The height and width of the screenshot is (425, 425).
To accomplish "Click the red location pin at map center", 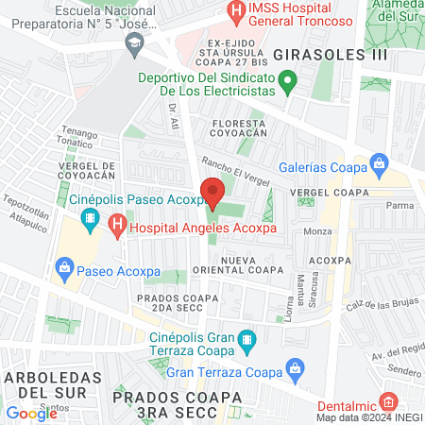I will click(212, 194).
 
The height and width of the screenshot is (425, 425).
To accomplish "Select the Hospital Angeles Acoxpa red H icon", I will click(117, 226).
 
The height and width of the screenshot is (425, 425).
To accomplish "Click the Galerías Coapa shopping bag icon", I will click(380, 164).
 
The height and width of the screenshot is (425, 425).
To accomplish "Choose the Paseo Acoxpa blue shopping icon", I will click(64, 269).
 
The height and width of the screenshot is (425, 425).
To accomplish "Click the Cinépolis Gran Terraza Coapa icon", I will click(246, 338).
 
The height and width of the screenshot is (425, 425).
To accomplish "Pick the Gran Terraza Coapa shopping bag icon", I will click(296, 366).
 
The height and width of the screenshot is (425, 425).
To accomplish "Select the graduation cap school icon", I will click(136, 42).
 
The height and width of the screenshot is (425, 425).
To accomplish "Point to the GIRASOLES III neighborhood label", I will click(315, 55).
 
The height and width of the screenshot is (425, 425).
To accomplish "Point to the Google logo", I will click(31, 413).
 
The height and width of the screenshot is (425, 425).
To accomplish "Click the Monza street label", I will click(316, 230).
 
